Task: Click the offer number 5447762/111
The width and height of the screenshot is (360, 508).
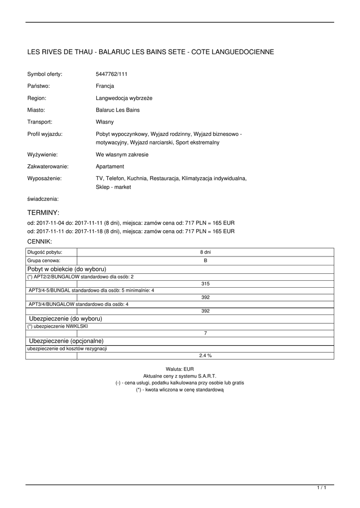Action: click(x=111, y=74)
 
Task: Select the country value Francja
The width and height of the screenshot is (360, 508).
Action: click(x=105, y=86)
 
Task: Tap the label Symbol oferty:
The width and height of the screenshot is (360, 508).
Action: click(x=45, y=74)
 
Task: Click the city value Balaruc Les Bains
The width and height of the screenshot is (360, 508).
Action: click(x=118, y=110)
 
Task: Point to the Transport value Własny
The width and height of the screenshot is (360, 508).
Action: click(x=105, y=122)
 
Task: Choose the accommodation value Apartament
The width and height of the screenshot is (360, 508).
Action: click(x=110, y=166)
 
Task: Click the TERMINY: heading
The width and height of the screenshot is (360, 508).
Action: click(x=43, y=212)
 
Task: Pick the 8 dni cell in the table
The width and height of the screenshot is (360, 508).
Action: click(x=205, y=252)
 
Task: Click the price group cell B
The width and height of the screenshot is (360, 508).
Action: click(x=205, y=260)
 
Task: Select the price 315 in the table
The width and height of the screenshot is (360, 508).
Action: click(x=205, y=283)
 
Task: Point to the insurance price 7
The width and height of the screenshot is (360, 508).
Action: click(x=205, y=333)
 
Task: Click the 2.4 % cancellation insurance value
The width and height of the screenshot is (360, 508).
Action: click(x=205, y=355)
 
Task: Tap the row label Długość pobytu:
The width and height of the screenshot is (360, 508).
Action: click(x=45, y=252)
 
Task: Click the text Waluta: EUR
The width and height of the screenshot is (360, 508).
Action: click(x=180, y=369)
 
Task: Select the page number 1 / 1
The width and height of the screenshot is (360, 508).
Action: click(x=321, y=489)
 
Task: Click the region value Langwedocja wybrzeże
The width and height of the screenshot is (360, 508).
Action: click(x=124, y=98)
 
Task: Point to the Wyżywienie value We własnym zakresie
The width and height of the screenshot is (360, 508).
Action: click(x=122, y=154)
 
